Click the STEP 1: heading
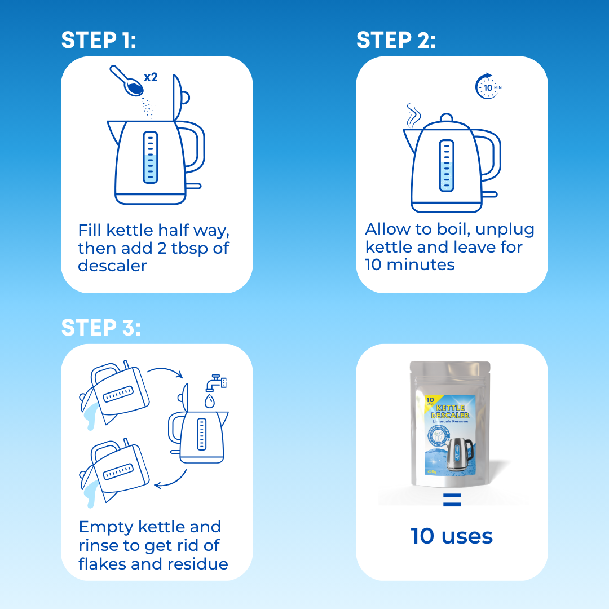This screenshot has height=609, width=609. (99, 40)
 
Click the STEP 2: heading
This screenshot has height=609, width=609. (396, 40)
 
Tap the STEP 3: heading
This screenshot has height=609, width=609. (101, 328)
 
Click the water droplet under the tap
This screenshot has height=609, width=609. (209, 401)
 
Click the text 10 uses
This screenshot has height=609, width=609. (452, 536)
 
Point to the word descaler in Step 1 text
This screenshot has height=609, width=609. (112, 266)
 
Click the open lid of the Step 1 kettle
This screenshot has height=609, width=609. (179, 96)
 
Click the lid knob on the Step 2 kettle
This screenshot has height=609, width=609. (446, 118)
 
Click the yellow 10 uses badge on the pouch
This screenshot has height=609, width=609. (429, 401)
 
